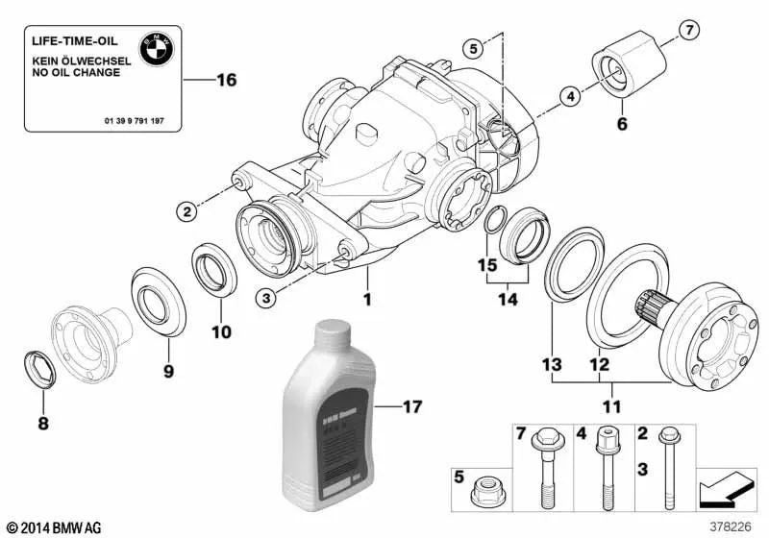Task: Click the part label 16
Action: point(226,81)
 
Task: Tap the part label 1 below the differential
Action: point(366,300)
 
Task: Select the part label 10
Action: point(222,333)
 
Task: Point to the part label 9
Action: point(168,370)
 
